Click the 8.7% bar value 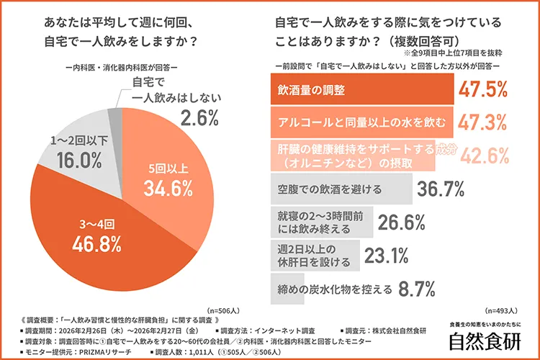418,289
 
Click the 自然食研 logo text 479,341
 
